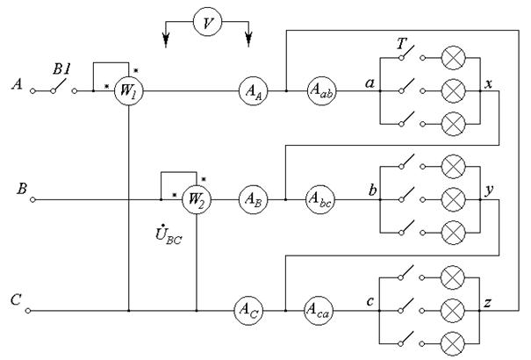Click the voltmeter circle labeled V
pyautogui.click(x=208, y=22)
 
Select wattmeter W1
pyautogui.click(x=129, y=90)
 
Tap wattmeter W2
pyautogui.click(x=197, y=199)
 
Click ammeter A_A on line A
pyautogui.click(x=254, y=90)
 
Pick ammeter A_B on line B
pyautogui.click(x=254, y=199)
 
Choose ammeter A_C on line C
pyautogui.click(x=249, y=310)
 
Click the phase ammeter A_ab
pyautogui.click(x=322, y=90)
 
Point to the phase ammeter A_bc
pyautogui.click(x=320, y=199)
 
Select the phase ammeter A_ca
pyautogui.click(x=319, y=310)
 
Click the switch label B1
pyautogui.click(x=61, y=69)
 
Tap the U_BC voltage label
pyautogui.click(x=169, y=234)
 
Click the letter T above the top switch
pyautogui.click(x=402, y=44)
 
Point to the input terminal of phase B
pyautogui.click(x=32, y=200)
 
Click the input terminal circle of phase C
pyautogui.click(x=28, y=311)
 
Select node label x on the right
pyautogui.click(x=488, y=83)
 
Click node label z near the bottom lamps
pyautogui.click(x=487, y=302)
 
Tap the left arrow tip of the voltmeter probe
pyautogui.click(x=166, y=47)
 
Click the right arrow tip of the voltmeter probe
pyautogui.click(x=248, y=47)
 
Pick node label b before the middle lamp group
pyautogui.click(x=372, y=190)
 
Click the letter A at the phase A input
pyautogui.click(x=18, y=83)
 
